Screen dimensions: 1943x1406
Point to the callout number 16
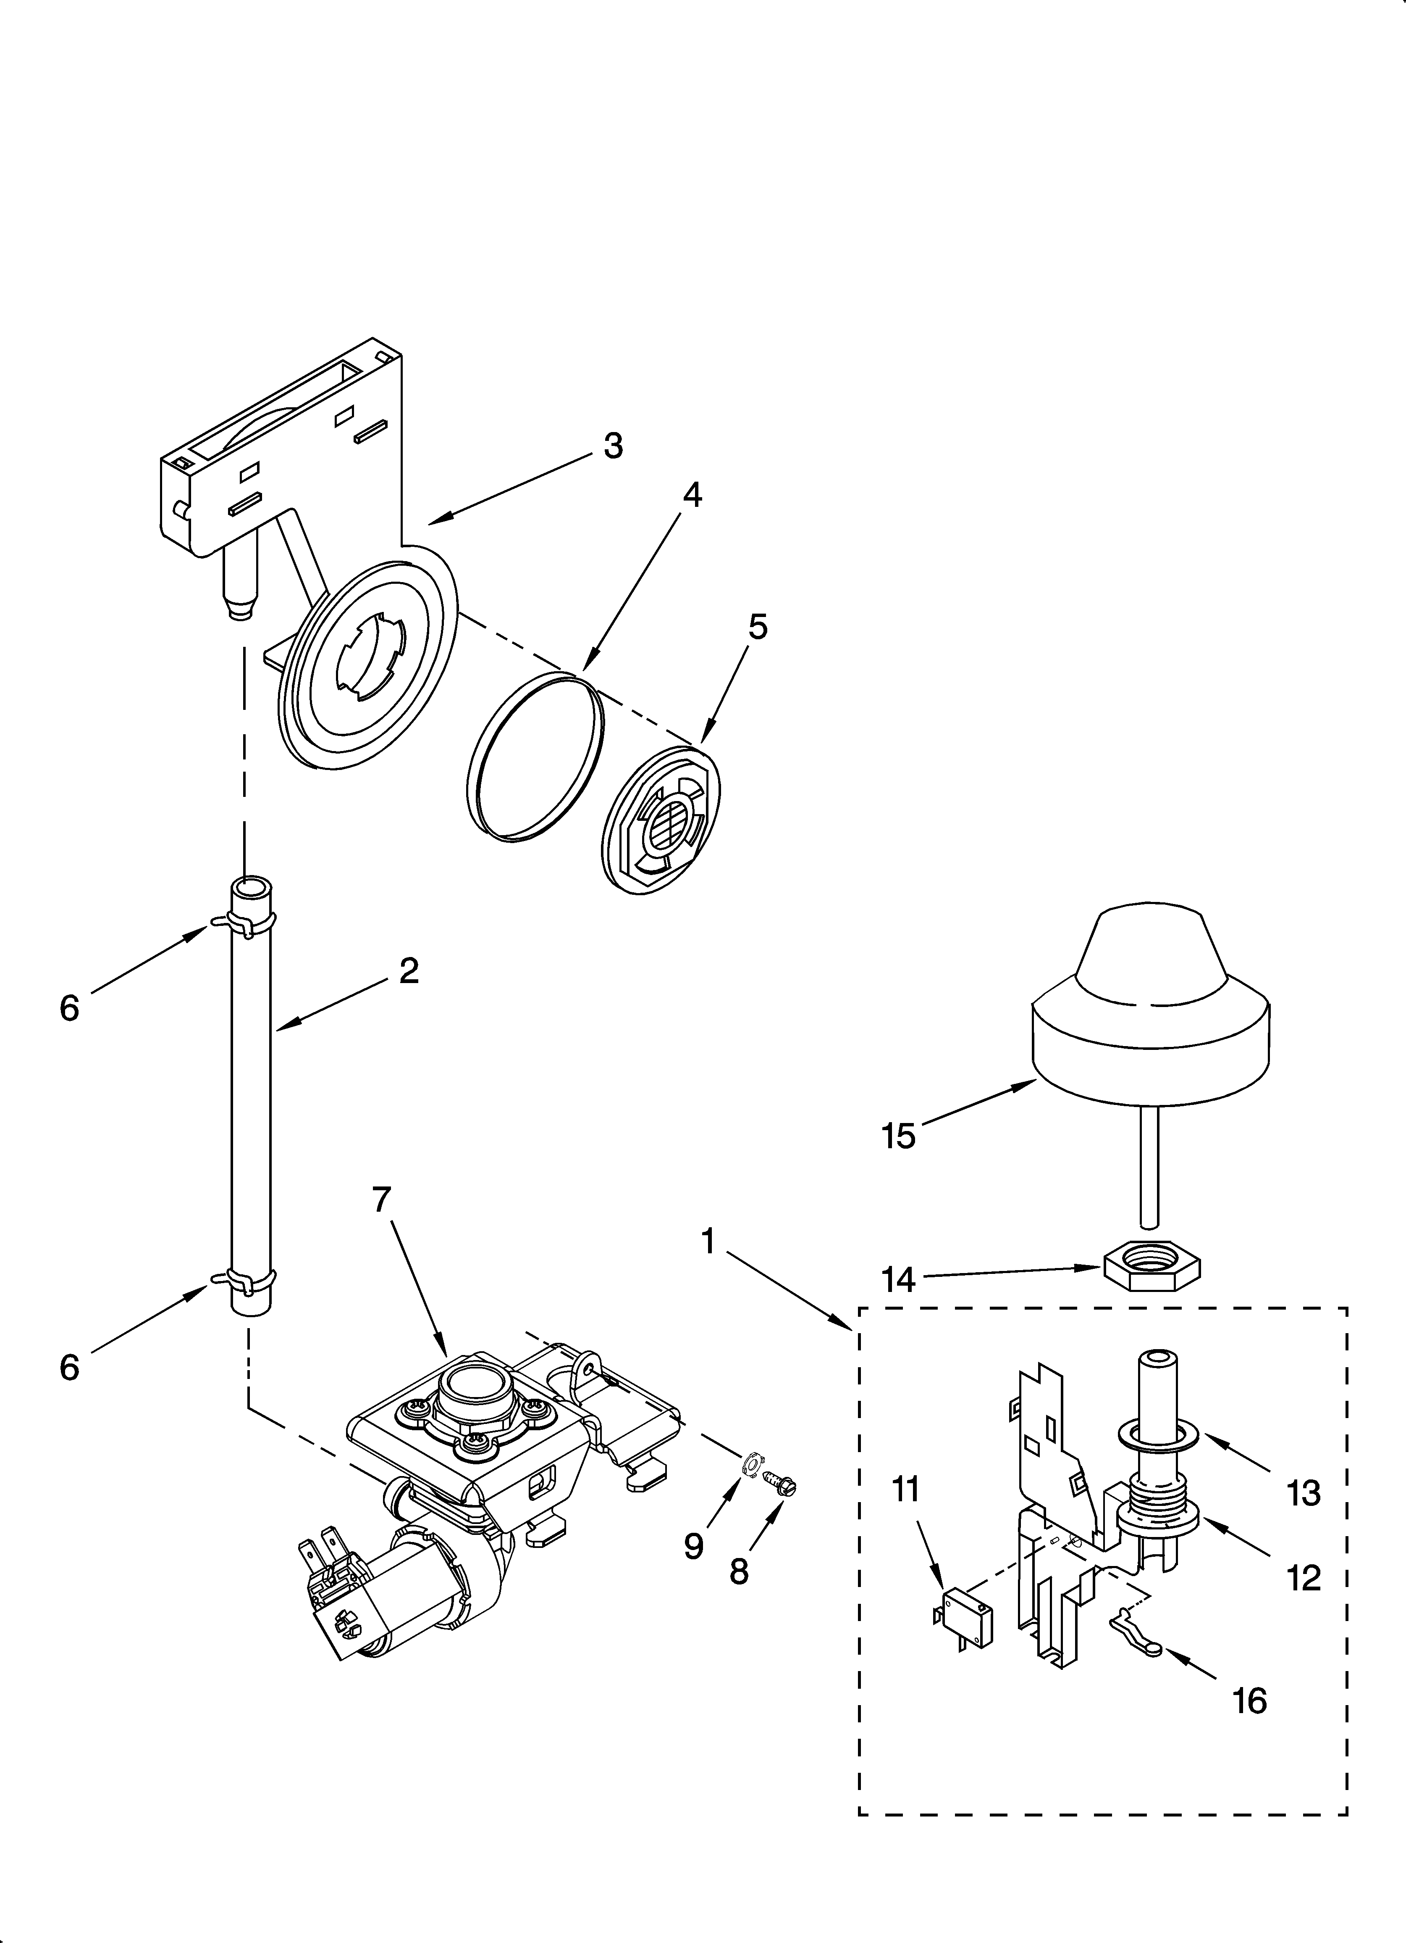tap(1250, 1700)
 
